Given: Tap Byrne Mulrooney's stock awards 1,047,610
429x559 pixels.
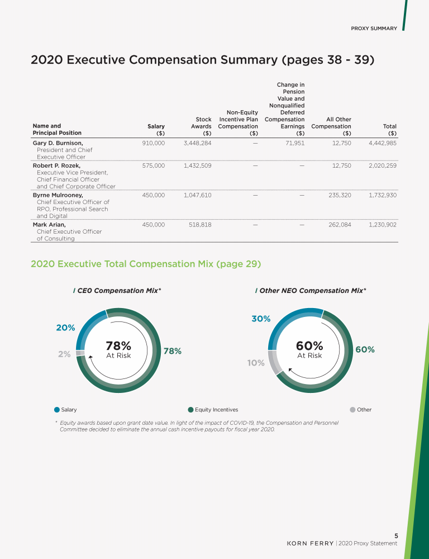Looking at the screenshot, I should (197, 195).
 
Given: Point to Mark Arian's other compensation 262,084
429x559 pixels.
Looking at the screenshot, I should (337, 225).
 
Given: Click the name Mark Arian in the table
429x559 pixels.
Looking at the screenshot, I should (49, 225).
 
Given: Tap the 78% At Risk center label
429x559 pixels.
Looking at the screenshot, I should (118, 350).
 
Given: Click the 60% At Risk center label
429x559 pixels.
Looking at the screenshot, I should (309, 350).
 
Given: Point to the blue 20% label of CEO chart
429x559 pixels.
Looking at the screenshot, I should (65, 328).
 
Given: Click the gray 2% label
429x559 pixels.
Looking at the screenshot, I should (64, 354).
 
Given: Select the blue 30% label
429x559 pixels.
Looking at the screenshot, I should (261, 319).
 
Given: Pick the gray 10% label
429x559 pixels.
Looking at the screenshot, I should (255, 363).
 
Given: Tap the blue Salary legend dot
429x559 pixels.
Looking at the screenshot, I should (57, 410).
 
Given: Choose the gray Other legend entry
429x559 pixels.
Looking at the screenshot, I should (360, 410).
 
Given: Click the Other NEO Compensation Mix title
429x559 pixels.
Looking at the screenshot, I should (312, 291).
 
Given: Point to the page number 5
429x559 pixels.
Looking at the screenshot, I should (395, 535).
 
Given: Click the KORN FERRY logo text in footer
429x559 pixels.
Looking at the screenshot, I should (310, 543).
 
